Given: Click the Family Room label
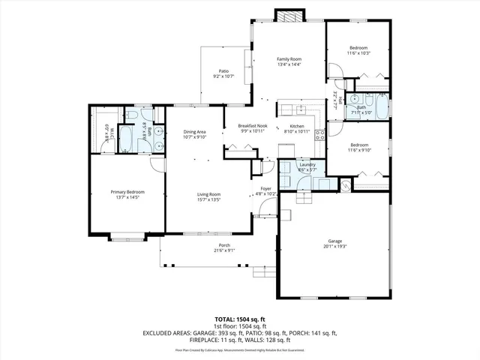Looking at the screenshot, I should pos(289,58).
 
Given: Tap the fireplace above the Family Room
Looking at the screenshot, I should pos(288,14).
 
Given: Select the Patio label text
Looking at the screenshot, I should pos(223,70).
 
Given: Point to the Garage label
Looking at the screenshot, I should pos(334,241).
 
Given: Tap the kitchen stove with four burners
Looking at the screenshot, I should pos(319,136).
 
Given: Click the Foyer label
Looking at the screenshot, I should pos(265,188).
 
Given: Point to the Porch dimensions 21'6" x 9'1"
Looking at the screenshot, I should pos(223,250).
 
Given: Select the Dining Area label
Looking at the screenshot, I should pos(194,131).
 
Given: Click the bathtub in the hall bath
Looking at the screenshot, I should pos(381,107).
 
